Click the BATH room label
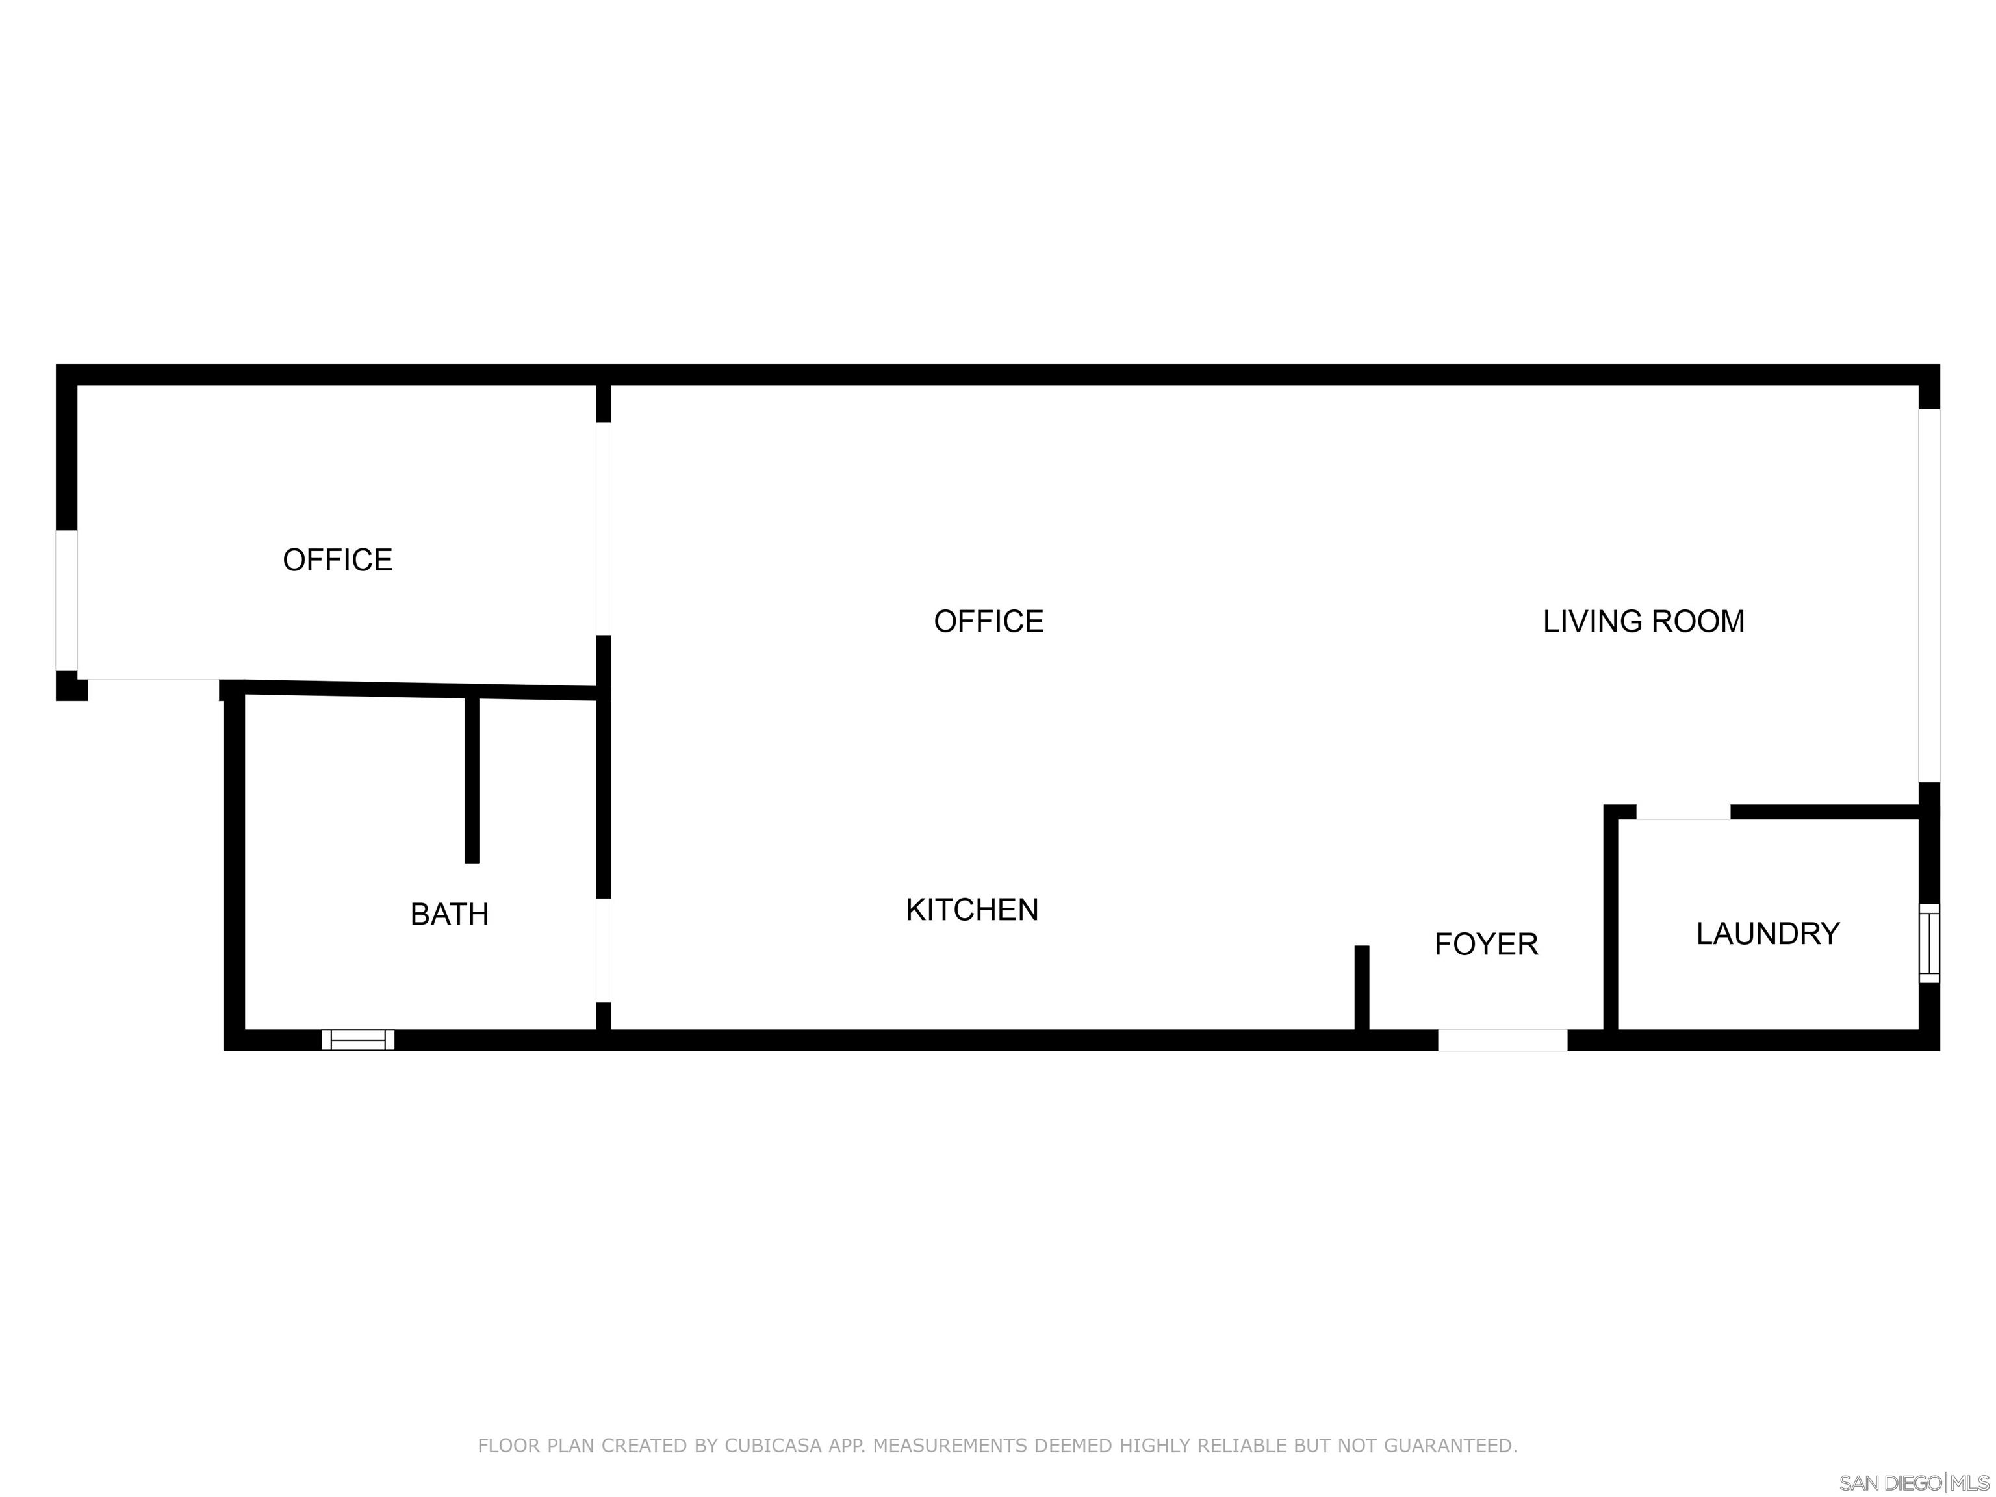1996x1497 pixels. (450, 914)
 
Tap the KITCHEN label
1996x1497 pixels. (972, 910)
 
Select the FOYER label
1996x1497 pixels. (1486, 944)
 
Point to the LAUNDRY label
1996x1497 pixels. (1768, 933)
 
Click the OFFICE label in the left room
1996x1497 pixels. (337, 559)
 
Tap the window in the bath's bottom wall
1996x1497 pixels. (358, 1040)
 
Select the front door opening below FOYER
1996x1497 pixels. (1502, 1040)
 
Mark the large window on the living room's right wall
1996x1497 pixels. (1928, 596)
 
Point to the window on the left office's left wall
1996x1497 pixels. (67, 600)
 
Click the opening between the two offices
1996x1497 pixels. (604, 529)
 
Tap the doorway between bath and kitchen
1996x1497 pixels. (604, 949)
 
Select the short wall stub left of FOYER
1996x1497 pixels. (1362, 987)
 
